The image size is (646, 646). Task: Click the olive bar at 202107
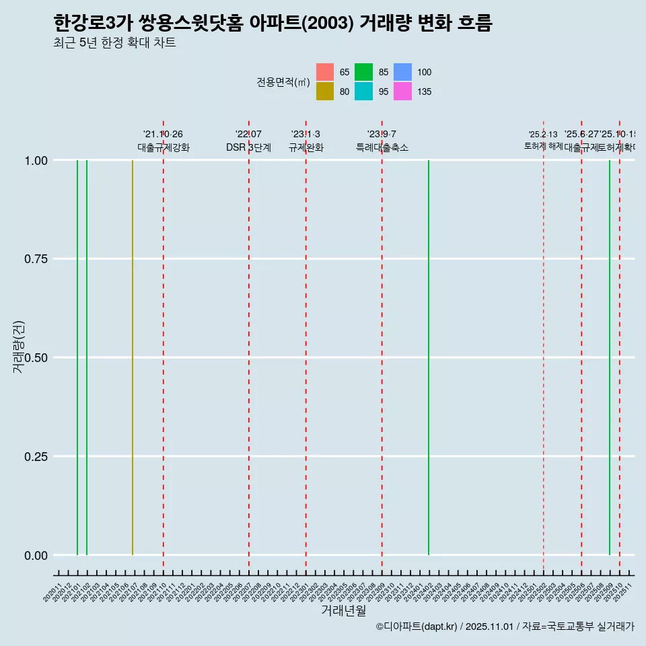pyautogui.click(x=133, y=357)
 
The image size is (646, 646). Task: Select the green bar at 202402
pyautogui.click(x=429, y=357)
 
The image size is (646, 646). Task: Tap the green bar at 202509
pyautogui.click(x=610, y=357)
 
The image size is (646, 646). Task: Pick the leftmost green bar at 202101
pyautogui.click(x=77, y=357)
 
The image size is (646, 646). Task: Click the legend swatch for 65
pyautogui.click(x=325, y=72)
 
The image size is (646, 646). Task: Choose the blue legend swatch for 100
pyautogui.click(x=402, y=72)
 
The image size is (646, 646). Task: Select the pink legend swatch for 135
pyautogui.click(x=402, y=92)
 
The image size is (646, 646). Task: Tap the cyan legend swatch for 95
pyautogui.click(x=364, y=92)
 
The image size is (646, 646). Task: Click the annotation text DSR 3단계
pyautogui.click(x=248, y=148)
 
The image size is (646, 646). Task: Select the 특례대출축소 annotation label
pyautogui.click(x=382, y=148)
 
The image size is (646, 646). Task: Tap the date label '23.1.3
pyautogui.click(x=306, y=135)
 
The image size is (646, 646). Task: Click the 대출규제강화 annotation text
pyautogui.click(x=164, y=148)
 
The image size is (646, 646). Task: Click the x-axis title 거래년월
pyautogui.click(x=344, y=610)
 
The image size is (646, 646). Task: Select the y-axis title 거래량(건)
pyautogui.click(x=20, y=348)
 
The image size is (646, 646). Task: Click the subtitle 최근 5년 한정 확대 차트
pyautogui.click(x=114, y=43)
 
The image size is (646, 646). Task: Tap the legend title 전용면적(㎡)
pyautogui.click(x=283, y=82)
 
